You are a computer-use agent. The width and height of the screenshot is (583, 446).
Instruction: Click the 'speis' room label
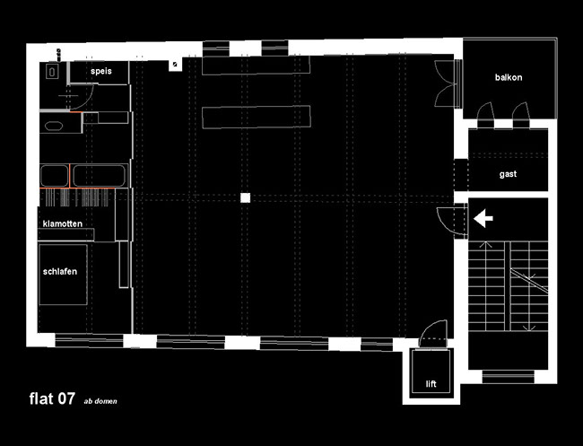pos(101,71)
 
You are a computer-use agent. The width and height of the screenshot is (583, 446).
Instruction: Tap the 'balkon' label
pos(509,77)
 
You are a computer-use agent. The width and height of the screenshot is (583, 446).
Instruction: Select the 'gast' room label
pos(508,174)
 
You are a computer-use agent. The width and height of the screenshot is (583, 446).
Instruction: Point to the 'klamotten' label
pos(63,223)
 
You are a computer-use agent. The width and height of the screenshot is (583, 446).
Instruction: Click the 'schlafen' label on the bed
pos(60,272)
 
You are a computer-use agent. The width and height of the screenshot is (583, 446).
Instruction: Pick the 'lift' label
pos(431,384)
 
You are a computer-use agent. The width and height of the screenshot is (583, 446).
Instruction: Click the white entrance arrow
pos(483,218)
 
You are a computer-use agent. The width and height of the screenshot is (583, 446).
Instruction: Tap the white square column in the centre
pos(245,198)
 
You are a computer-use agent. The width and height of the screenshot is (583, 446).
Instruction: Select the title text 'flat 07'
pos(52,398)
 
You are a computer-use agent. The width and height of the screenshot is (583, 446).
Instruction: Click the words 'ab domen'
pos(100,401)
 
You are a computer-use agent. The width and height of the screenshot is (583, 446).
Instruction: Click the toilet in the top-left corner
pos(52,71)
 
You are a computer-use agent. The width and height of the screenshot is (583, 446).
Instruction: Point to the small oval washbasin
pos(54,126)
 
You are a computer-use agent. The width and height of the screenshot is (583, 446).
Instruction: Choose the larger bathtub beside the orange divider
pos(99,176)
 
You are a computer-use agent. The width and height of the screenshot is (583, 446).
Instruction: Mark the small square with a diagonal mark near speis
pos(176,65)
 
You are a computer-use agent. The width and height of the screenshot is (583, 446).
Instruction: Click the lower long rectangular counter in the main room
pos(257,118)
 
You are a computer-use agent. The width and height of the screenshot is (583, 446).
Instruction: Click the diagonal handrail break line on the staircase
pos(528,281)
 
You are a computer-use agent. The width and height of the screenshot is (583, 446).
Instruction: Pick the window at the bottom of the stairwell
pos(509,377)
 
